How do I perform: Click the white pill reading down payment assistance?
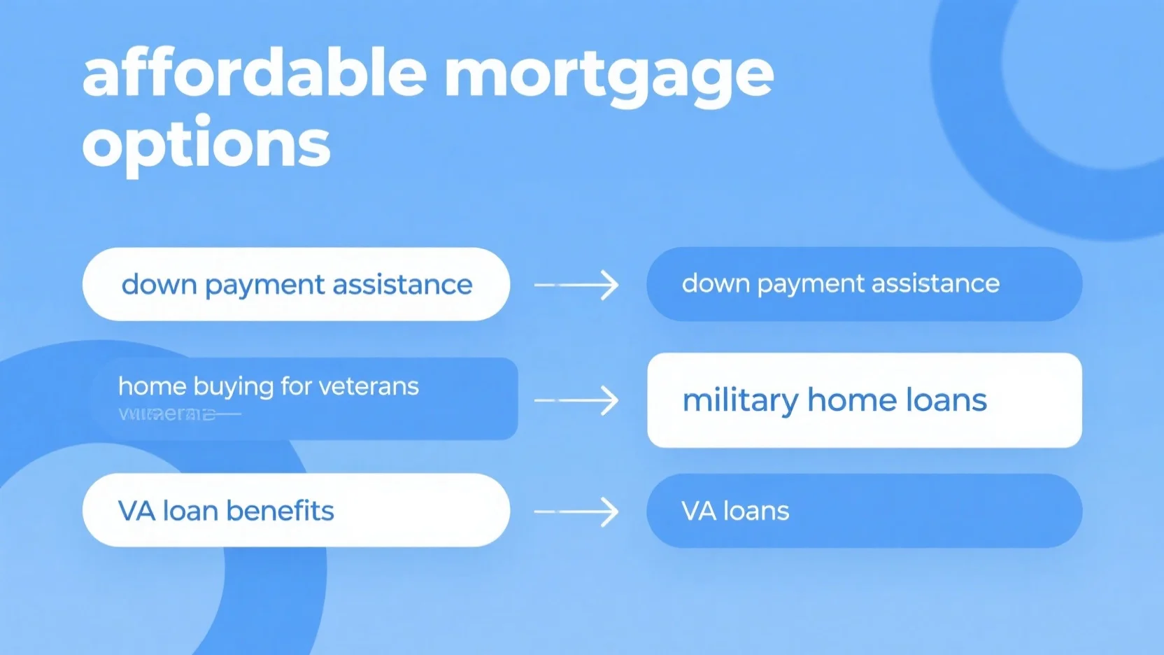296,285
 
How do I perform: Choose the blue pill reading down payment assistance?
864,284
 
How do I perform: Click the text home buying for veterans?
269,386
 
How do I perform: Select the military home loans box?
864,400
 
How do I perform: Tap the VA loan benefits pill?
296,510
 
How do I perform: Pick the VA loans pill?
864,511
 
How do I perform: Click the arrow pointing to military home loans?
576,400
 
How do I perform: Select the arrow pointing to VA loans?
576,512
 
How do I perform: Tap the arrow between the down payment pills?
576,285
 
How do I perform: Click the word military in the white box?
739,401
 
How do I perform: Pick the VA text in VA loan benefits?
136,511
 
